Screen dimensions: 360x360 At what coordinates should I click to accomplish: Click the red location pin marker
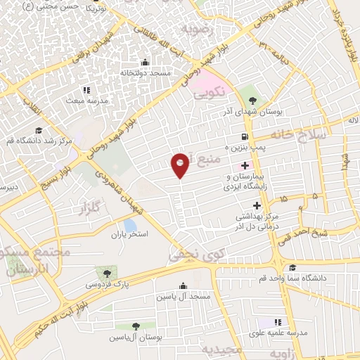[x=181, y=165]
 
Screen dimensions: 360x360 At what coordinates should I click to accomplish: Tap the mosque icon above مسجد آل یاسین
[x=184, y=285]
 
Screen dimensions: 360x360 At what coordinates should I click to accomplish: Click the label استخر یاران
[x=128, y=234]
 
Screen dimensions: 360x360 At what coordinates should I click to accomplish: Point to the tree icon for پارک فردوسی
[x=106, y=272]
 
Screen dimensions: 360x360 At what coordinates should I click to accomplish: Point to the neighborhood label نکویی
[x=209, y=91]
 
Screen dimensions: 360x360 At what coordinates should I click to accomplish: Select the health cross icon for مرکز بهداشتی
[x=256, y=206]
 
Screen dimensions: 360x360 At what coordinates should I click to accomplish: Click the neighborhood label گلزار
[x=91, y=208]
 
